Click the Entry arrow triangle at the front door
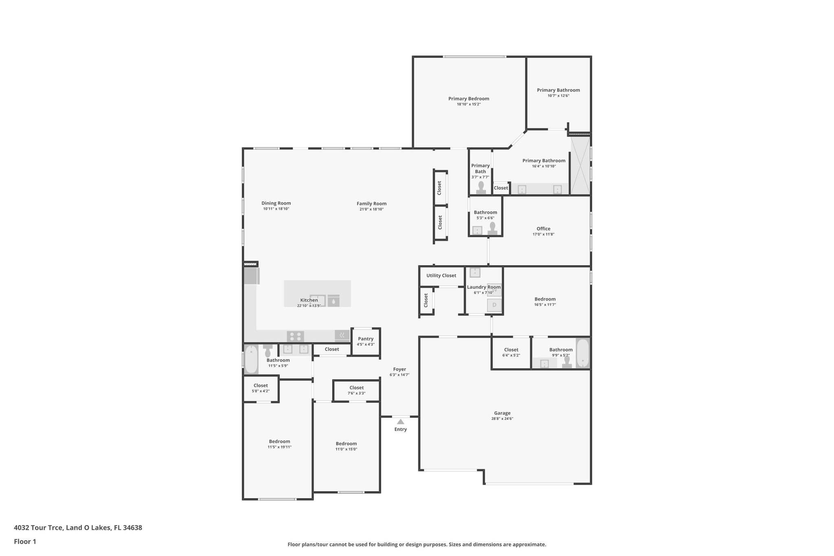pyautogui.click(x=401, y=422)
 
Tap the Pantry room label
pyautogui.click(x=366, y=339)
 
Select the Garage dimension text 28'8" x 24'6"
pyautogui.click(x=502, y=418)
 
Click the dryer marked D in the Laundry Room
pyautogui.click(x=494, y=305)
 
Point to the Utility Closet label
pyautogui.click(x=441, y=275)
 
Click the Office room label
pyautogui.click(x=543, y=229)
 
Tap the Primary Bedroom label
pyautogui.click(x=469, y=99)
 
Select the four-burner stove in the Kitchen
pyautogui.click(x=295, y=336)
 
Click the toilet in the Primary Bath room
pyautogui.click(x=481, y=188)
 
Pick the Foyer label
pyautogui.click(x=399, y=369)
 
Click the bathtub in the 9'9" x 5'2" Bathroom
pyautogui.click(x=583, y=353)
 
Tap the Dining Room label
pyautogui.click(x=276, y=203)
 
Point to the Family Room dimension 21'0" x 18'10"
pyautogui.click(x=371, y=209)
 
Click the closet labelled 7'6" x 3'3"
pyautogui.click(x=356, y=390)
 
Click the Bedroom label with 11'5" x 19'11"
pyautogui.click(x=279, y=442)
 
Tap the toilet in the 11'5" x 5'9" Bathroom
pyautogui.click(x=268, y=351)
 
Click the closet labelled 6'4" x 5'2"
pyautogui.click(x=511, y=353)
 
